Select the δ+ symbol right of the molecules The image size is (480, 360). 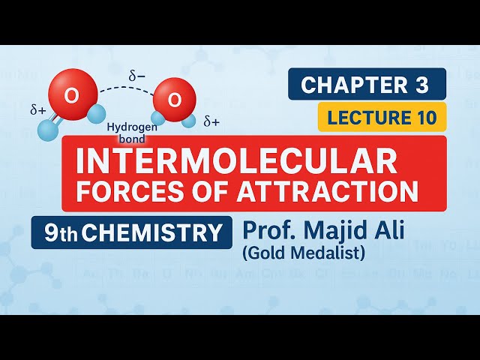coord(211,121)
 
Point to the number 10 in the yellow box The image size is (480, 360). coord(421,117)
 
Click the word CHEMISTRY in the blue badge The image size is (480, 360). coord(152,232)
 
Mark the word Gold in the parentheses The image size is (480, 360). coord(267,253)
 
